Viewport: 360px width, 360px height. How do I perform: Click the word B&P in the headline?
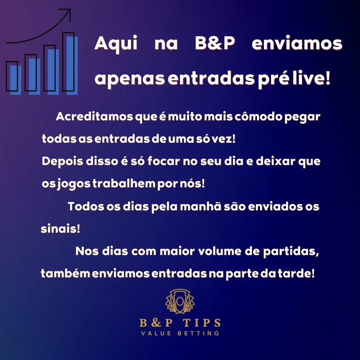(214, 44)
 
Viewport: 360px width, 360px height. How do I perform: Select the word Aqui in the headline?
(116, 44)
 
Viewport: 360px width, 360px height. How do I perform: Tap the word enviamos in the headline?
(297, 44)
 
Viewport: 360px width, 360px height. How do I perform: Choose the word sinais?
(60, 229)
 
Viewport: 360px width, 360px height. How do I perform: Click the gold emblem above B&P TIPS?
(180, 301)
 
